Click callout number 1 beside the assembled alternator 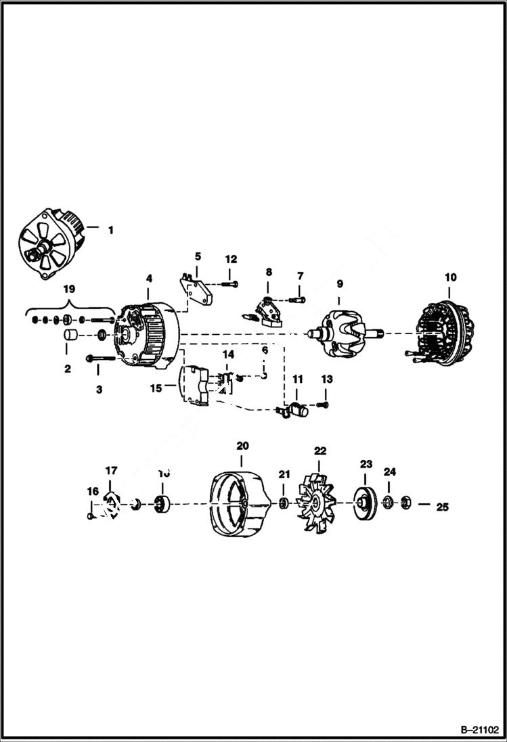click(110, 230)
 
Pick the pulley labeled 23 click(366, 503)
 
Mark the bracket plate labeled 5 click(198, 289)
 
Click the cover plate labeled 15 click(196, 386)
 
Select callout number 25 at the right click(442, 505)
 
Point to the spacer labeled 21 click(284, 502)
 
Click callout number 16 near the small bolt click(92, 492)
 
